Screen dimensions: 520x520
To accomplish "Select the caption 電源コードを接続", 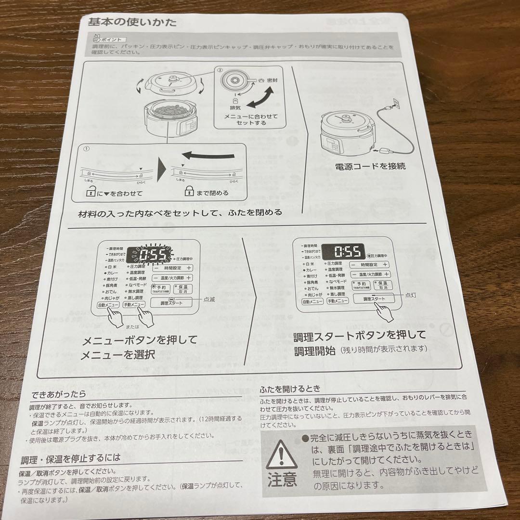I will pos(370,166).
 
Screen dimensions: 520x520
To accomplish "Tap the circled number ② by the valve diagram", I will pos(219,70).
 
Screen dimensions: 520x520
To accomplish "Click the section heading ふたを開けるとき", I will pos(290,389).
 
